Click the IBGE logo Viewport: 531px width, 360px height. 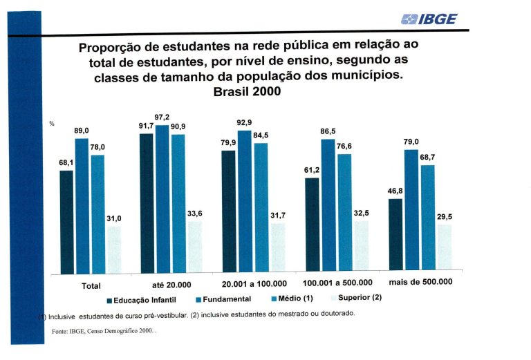pyautogui.click(x=429, y=19)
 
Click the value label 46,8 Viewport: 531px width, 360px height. pyautogui.click(x=395, y=190)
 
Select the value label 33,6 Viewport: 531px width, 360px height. pyautogui.click(x=195, y=214)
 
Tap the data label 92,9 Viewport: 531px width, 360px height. pyautogui.click(x=244, y=122)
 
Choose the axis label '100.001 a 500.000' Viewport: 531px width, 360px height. pyautogui.click(x=337, y=283)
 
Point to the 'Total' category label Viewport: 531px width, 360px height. pyautogui.click(x=91, y=285)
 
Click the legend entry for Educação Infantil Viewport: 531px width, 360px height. pyautogui.click(x=143, y=299)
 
